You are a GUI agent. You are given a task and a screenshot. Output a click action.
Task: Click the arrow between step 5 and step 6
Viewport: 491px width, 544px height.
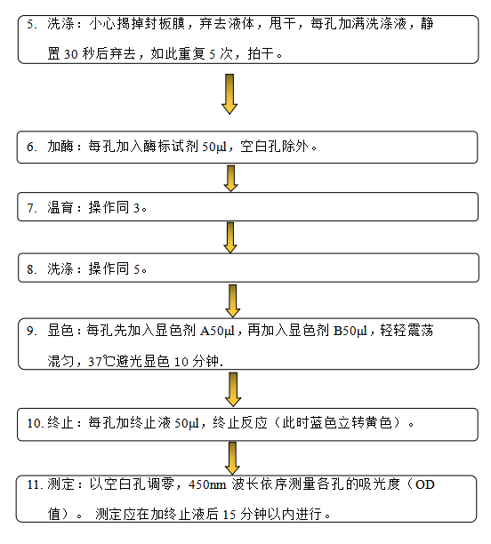229,93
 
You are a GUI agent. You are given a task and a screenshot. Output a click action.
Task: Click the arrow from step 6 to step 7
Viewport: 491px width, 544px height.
230,179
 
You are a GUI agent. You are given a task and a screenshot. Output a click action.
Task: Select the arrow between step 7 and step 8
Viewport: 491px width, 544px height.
230,237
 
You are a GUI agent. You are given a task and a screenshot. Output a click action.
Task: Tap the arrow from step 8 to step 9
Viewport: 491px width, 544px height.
233,300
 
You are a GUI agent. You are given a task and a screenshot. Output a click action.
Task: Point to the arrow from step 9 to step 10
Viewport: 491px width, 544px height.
233,389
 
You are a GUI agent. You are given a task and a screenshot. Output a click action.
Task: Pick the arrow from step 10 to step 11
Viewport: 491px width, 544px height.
232,459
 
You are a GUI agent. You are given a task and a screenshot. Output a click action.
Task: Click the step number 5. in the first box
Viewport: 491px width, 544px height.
32,24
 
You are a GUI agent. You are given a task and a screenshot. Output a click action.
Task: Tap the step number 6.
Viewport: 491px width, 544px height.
32,147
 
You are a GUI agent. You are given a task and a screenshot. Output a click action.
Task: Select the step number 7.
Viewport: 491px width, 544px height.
32,208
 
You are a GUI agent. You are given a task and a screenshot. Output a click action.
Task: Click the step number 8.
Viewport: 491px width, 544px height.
32,269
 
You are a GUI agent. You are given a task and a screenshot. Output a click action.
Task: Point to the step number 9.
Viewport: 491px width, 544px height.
32,331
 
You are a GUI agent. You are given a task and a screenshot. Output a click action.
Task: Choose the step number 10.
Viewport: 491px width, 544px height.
35,423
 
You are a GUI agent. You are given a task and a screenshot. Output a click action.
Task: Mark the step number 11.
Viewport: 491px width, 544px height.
35,484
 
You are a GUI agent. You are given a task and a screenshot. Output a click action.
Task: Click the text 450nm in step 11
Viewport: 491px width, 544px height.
207,484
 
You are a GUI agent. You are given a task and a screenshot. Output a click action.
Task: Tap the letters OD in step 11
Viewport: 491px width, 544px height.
424,484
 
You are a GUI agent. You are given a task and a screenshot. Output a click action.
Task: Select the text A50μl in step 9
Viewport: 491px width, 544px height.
217,331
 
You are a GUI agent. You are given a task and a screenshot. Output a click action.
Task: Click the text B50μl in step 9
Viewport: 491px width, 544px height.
350,331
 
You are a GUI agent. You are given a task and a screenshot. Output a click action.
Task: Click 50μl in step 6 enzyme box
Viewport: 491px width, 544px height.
214,147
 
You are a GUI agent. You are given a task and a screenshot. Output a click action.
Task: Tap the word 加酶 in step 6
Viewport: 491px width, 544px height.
60,147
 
